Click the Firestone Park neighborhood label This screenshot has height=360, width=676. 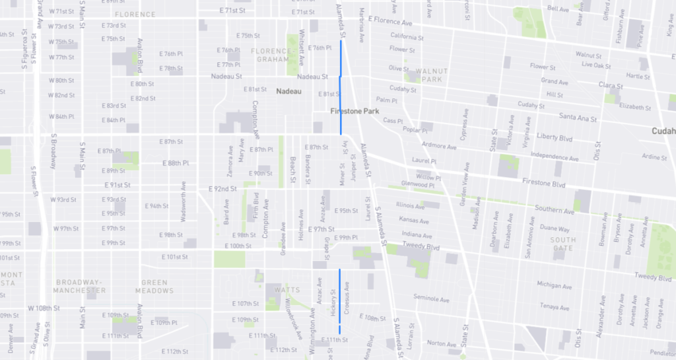(x=355, y=112)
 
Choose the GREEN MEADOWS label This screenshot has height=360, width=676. (x=154, y=287)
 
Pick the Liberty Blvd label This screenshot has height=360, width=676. (x=555, y=139)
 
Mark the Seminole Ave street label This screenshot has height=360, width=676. (x=431, y=298)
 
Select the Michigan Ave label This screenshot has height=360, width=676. (x=554, y=286)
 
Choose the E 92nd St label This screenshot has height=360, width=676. (x=222, y=189)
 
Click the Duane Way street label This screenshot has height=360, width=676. (x=555, y=229)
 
